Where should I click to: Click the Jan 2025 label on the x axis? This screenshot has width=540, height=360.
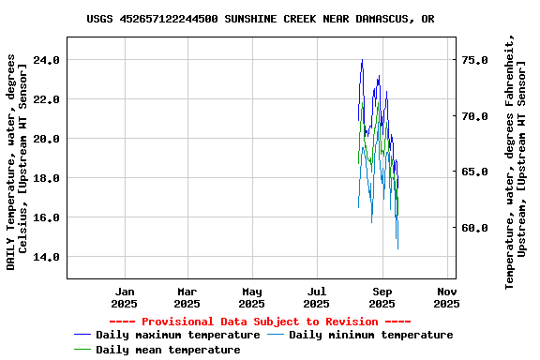point(124,297)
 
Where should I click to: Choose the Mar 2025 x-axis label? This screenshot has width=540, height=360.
point(187,297)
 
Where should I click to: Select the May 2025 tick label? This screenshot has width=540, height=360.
point(252,297)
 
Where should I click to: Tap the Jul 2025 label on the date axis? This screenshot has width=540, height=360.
point(317,297)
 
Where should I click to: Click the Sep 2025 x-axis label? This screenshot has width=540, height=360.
point(382,297)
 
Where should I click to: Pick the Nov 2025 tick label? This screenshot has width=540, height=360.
point(446,297)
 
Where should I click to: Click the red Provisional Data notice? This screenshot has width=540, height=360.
point(261,322)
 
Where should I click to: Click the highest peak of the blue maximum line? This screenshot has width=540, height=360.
point(362,60)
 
